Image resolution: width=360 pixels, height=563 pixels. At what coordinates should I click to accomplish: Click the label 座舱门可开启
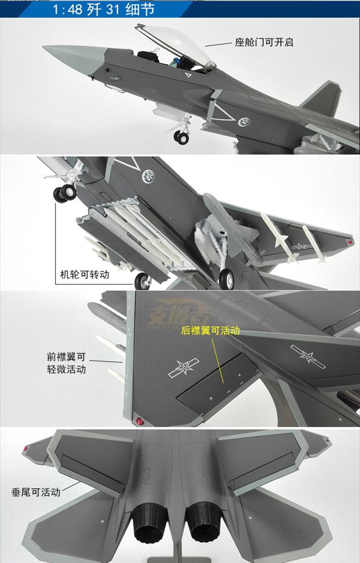[264, 42]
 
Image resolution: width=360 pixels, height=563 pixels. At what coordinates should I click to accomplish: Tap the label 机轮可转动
[84, 275]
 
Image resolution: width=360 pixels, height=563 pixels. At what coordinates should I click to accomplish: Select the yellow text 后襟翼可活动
[210, 330]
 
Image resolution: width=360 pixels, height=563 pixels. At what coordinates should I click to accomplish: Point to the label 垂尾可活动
[36, 492]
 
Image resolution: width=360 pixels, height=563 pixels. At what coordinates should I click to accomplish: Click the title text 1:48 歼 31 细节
[104, 9]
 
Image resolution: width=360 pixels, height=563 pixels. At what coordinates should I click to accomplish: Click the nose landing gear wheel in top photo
[181, 138]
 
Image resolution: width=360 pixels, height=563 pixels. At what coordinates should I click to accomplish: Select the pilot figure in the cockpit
[175, 61]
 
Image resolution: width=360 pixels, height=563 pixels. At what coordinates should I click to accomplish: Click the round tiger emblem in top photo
[244, 122]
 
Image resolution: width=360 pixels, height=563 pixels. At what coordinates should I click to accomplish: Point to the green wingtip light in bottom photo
[327, 439]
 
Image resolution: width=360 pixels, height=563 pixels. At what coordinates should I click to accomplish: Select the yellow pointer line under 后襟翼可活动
[217, 360]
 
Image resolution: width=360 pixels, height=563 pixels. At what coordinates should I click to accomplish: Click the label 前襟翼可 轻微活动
[66, 363]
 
